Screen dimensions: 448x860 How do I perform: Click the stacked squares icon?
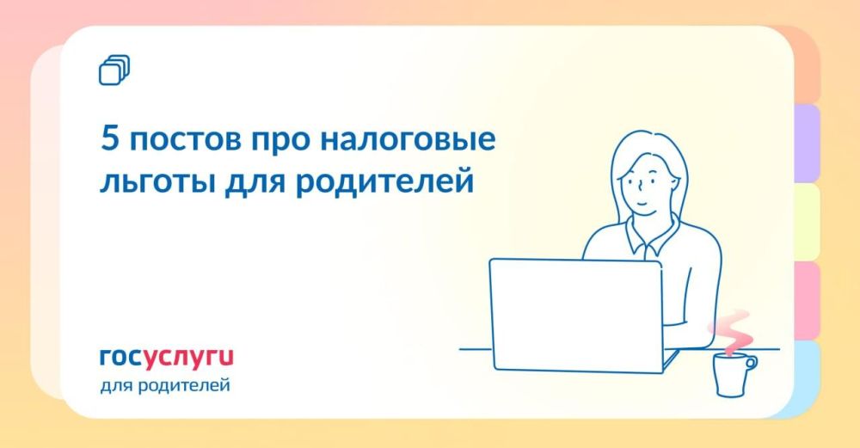[x=114, y=70]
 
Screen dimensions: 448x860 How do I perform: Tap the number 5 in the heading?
[x=108, y=139]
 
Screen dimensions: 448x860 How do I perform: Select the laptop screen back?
[x=574, y=315]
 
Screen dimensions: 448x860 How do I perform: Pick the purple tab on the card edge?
[x=806, y=144]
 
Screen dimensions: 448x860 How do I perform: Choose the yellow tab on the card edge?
[x=806, y=222]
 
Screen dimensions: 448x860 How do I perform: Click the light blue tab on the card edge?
[x=806, y=378]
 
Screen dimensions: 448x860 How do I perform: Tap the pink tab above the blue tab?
[x=806, y=300]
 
